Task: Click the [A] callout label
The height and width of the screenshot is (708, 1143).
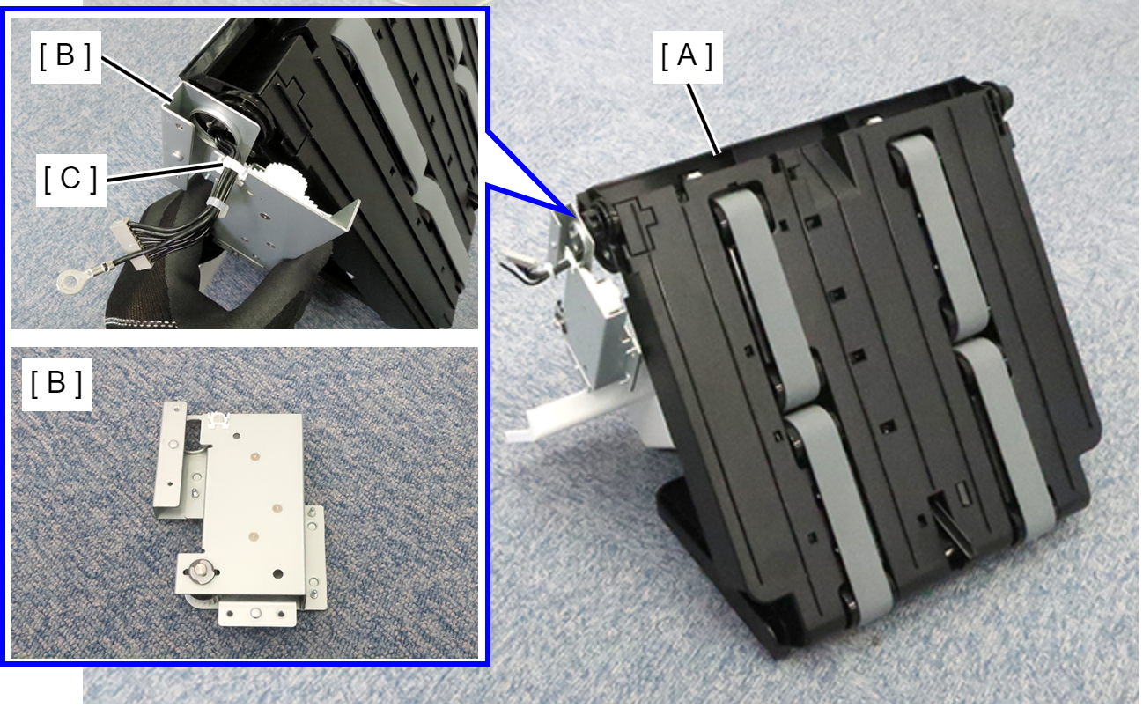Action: click(687, 55)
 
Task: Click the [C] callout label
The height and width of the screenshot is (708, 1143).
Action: click(71, 180)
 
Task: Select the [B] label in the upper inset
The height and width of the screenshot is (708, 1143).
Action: click(66, 56)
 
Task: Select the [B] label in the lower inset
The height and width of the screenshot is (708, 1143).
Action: click(56, 384)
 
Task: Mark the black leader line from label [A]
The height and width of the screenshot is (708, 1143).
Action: click(704, 118)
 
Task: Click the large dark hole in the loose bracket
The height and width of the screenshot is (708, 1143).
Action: click(277, 574)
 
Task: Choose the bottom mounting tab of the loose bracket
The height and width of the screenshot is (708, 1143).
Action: click(256, 613)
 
